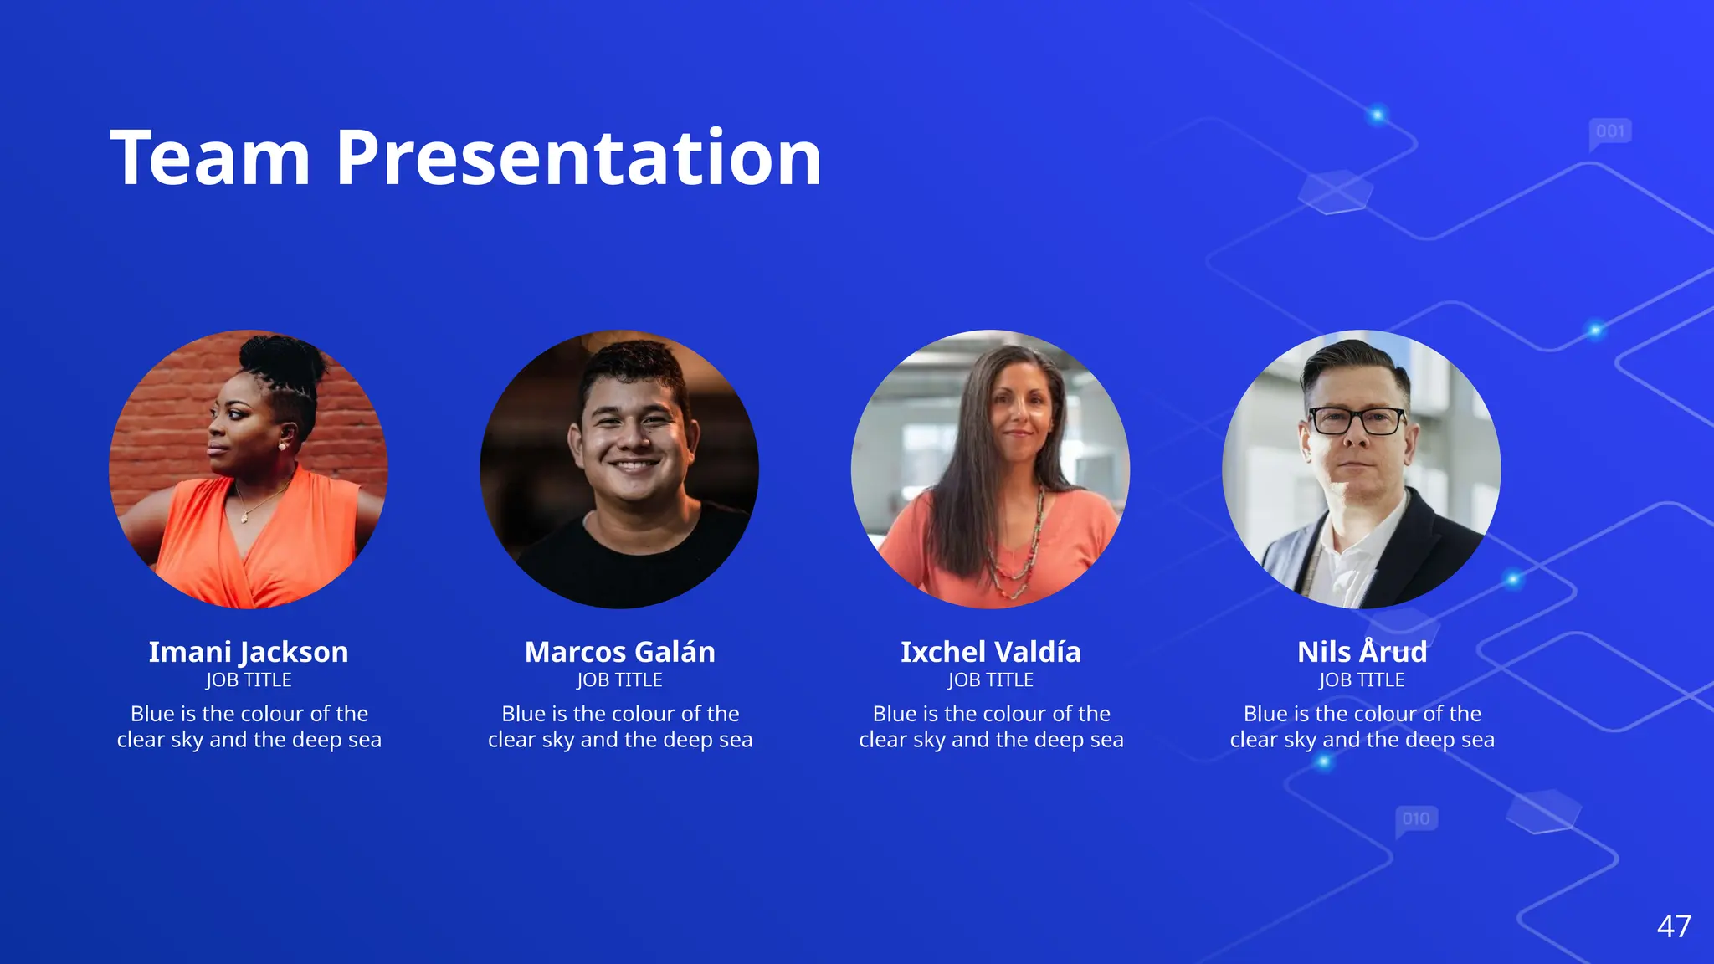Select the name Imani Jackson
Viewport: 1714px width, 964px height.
(x=249, y=652)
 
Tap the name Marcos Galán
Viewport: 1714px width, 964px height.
(x=619, y=652)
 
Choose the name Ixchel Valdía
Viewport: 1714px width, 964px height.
(x=991, y=652)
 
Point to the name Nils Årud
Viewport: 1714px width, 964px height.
(x=1362, y=652)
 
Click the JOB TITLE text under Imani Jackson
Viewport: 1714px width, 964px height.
(x=249, y=680)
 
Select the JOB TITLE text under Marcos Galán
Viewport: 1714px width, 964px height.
(x=619, y=680)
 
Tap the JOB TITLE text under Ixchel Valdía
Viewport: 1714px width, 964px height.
(x=991, y=680)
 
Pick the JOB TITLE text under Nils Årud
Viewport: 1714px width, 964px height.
(x=1362, y=680)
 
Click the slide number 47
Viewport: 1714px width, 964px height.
(x=1674, y=926)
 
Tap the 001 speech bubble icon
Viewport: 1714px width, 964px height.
(x=1610, y=131)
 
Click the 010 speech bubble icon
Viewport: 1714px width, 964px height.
(x=1416, y=818)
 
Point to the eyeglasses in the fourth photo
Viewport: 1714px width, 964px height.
(x=1357, y=420)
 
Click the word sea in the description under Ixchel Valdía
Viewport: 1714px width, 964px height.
(x=1106, y=740)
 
